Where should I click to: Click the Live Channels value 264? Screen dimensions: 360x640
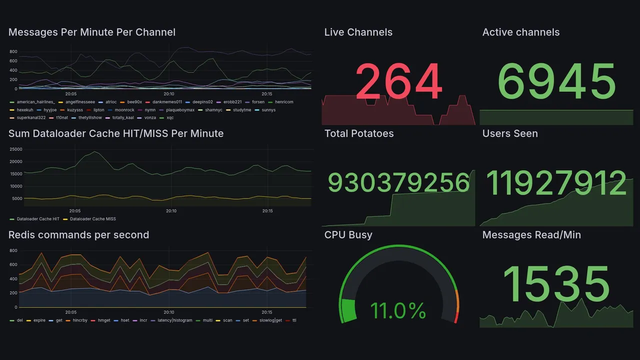(x=399, y=82)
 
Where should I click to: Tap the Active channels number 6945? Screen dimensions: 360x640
(x=556, y=82)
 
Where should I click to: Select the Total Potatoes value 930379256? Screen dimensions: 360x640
(x=398, y=182)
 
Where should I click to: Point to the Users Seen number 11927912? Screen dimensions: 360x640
(x=556, y=182)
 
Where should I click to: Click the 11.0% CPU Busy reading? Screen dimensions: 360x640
(x=398, y=311)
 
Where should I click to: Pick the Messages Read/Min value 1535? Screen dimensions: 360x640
(x=556, y=283)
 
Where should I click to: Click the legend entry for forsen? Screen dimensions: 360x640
(x=258, y=102)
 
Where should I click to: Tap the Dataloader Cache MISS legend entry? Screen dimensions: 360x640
(x=92, y=219)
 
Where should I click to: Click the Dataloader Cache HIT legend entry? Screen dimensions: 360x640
(x=38, y=219)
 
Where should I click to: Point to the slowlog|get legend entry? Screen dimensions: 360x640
(x=270, y=320)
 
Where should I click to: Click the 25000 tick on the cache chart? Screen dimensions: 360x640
(x=16, y=149)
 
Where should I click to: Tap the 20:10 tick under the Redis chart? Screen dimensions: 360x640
(x=169, y=312)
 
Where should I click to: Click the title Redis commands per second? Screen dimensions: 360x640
(x=78, y=235)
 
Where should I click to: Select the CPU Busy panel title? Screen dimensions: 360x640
(x=348, y=235)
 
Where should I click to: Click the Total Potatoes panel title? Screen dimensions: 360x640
(x=358, y=133)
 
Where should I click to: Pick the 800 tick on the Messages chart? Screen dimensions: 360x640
(x=13, y=51)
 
